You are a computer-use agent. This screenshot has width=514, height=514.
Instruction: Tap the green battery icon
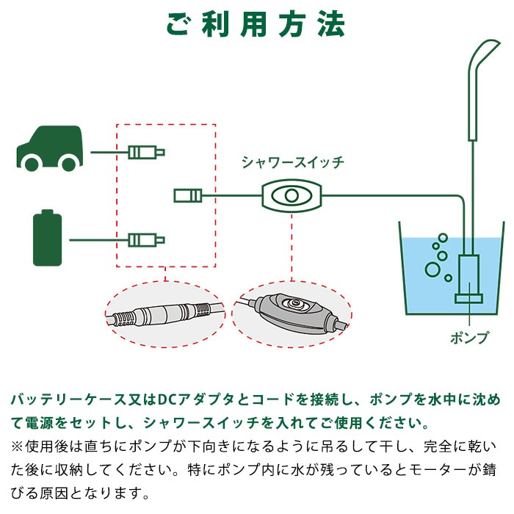tap(48, 239)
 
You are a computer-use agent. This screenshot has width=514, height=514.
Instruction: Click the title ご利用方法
tap(256, 23)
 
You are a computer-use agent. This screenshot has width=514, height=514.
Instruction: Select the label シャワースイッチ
tap(292, 163)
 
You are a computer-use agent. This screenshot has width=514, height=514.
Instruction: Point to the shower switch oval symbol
tap(292, 196)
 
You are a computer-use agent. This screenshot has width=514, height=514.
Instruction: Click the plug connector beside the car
tap(145, 153)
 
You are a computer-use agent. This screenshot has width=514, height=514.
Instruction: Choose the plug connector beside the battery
tap(145, 239)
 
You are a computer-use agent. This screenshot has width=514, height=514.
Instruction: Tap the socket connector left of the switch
tap(187, 195)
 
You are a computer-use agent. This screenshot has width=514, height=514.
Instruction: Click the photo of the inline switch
tap(292, 312)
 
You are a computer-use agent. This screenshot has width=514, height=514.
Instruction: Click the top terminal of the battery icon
tap(48, 212)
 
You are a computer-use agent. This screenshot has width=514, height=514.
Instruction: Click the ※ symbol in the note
tap(16, 446)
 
